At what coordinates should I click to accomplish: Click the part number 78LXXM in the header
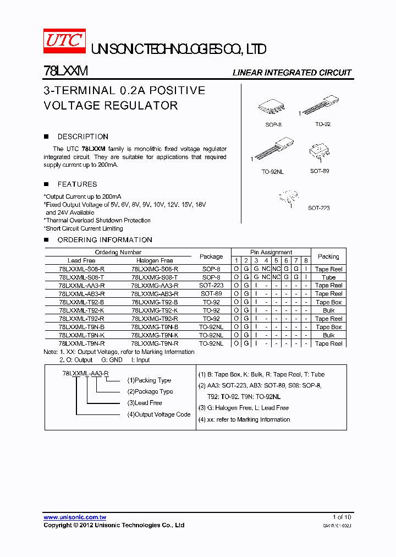pyautogui.click(x=65, y=72)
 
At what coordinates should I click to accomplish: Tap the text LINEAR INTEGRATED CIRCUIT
pyautogui.click(x=291, y=73)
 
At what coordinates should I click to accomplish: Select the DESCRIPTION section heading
pyautogui.click(x=82, y=136)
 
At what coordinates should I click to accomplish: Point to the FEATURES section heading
pyautogui.click(x=77, y=184)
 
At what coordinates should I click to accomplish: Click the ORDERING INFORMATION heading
pyautogui.click(x=105, y=240)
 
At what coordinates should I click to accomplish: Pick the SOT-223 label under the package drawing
pyautogui.click(x=318, y=208)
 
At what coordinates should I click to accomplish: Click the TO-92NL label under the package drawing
pyautogui.click(x=272, y=172)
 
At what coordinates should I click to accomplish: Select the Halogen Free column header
pyautogui.click(x=155, y=260)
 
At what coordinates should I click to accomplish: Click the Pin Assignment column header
pyautogui.click(x=271, y=252)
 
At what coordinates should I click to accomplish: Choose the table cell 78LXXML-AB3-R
pyautogui.click(x=81, y=294)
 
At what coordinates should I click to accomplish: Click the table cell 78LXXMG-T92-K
pyautogui.click(x=155, y=310)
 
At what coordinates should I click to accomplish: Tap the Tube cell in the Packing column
pyautogui.click(x=328, y=277)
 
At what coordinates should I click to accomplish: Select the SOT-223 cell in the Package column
pyautogui.click(x=211, y=286)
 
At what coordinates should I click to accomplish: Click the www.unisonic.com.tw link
pyautogui.click(x=75, y=517)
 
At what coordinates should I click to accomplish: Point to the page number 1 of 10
pyautogui.click(x=342, y=517)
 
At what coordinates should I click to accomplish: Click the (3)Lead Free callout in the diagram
pyautogui.click(x=145, y=403)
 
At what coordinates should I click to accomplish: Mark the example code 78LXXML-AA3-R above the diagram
pyautogui.click(x=85, y=373)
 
